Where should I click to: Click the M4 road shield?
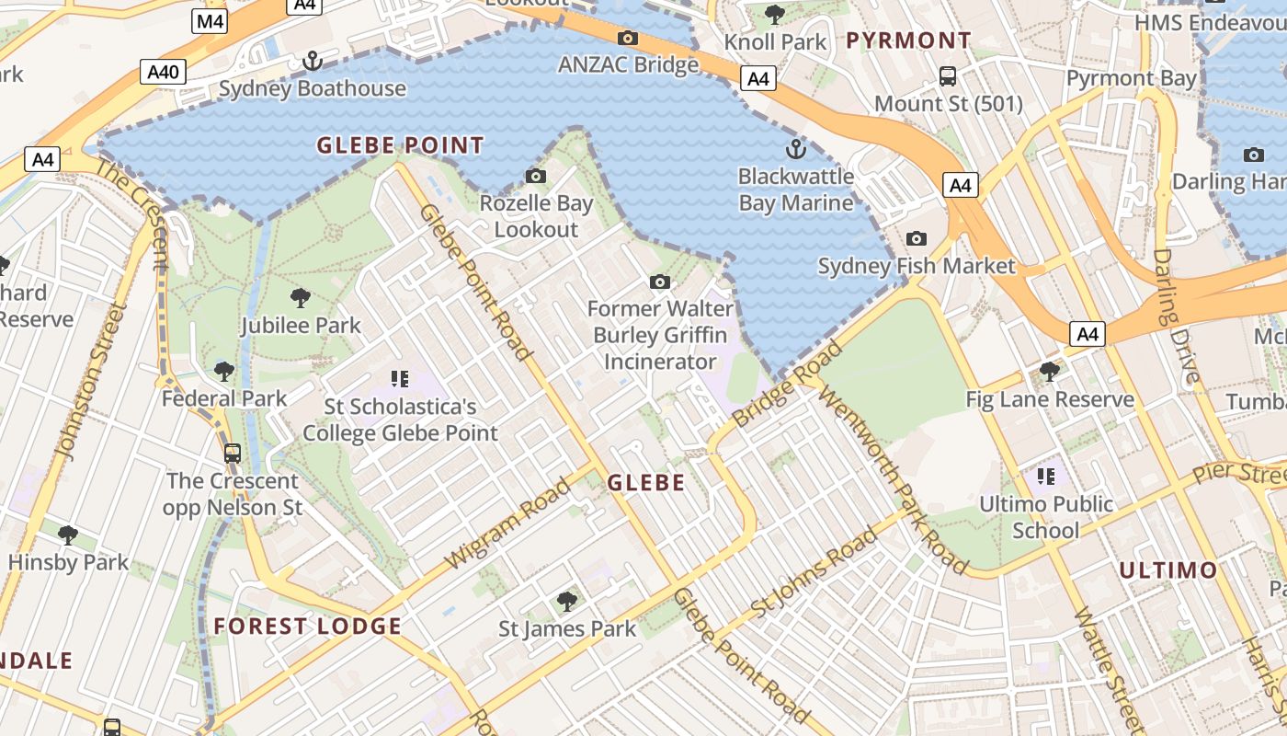coord(210,21)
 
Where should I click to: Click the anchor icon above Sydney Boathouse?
coord(313,62)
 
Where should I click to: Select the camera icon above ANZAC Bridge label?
coord(628,38)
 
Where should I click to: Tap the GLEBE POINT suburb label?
coord(400,145)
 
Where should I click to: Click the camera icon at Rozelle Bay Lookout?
coord(535,176)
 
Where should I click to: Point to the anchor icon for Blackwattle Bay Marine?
coord(795,149)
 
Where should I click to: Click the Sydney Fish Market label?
coord(917,267)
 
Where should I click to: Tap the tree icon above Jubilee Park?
coord(300,297)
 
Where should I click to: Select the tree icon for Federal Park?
coord(223,372)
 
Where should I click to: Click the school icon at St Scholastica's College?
coord(399,378)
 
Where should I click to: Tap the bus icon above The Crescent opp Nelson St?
coord(233,453)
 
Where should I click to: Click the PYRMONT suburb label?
coord(908,40)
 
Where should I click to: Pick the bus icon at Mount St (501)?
coord(948,76)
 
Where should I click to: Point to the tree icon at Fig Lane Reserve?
coord(1049,372)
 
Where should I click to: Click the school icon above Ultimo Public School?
coord(1045,476)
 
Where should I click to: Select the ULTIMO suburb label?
coord(1167,570)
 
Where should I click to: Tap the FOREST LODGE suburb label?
coord(308,627)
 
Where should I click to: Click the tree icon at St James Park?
coord(567,602)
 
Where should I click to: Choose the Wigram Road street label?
coord(507,523)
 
